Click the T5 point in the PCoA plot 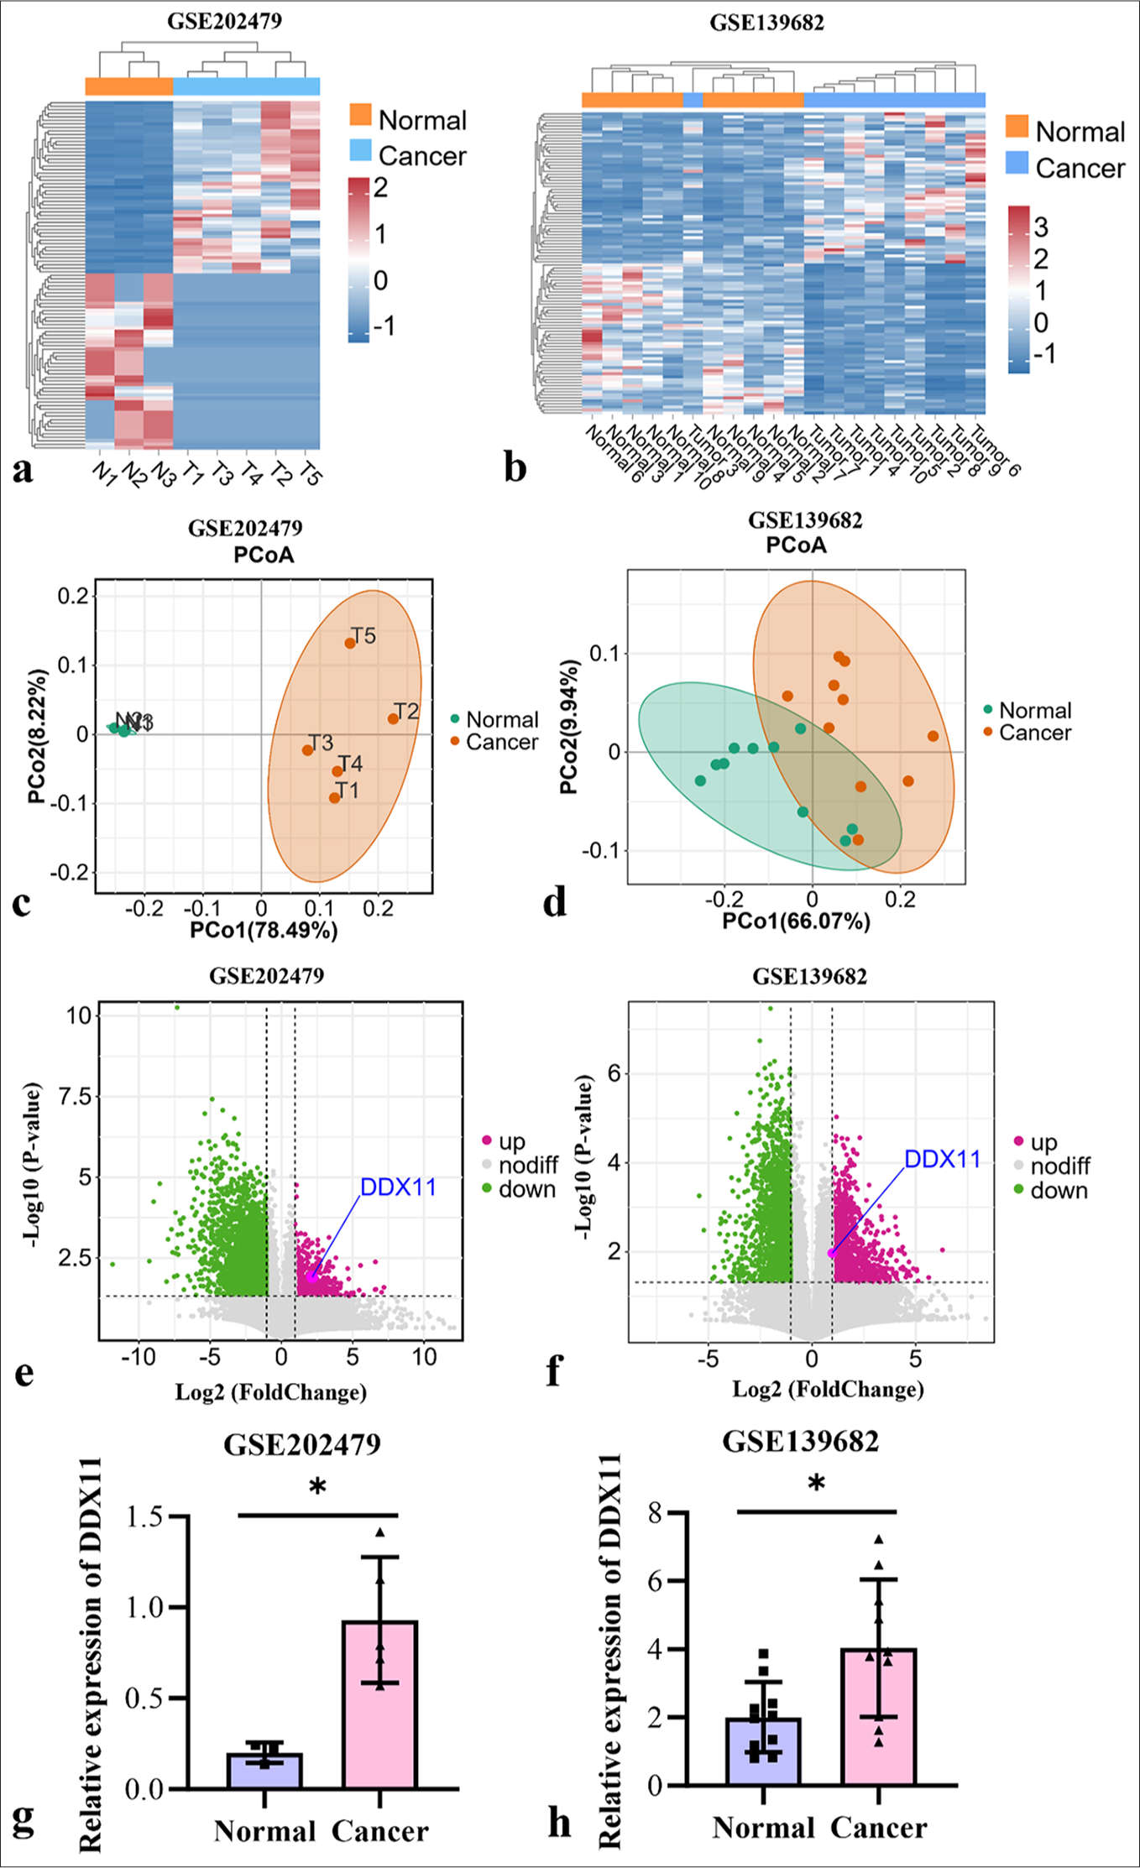[x=350, y=643]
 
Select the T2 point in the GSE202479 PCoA [x=393, y=718]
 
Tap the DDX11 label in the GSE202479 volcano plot [x=398, y=1187]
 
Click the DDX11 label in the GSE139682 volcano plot [x=942, y=1159]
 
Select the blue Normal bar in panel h [x=763, y=1750]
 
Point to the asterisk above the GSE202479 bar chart [x=317, y=1488]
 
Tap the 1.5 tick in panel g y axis [x=144, y=1516]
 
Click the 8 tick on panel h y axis [x=656, y=1512]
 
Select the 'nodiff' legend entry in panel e [x=527, y=1165]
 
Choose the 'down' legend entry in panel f [x=1058, y=1190]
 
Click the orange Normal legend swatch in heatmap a [x=360, y=116]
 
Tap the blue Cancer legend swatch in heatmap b [x=1017, y=164]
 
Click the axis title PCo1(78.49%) [x=264, y=930]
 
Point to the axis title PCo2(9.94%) [x=568, y=727]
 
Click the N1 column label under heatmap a [x=104, y=473]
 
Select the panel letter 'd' [x=555, y=902]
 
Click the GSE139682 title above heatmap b [x=766, y=23]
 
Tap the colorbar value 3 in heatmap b [x=1041, y=227]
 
